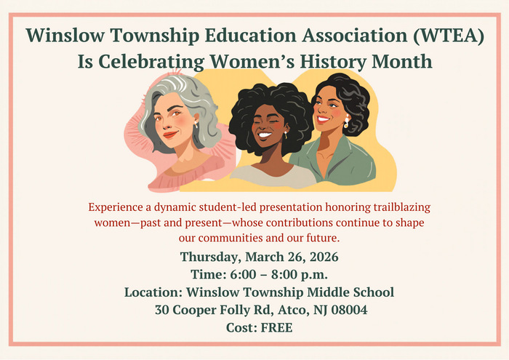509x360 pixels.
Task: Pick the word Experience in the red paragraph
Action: (x=114, y=207)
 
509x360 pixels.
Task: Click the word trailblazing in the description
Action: (x=393, y=207)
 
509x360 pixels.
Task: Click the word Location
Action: (x=152, y=292)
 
